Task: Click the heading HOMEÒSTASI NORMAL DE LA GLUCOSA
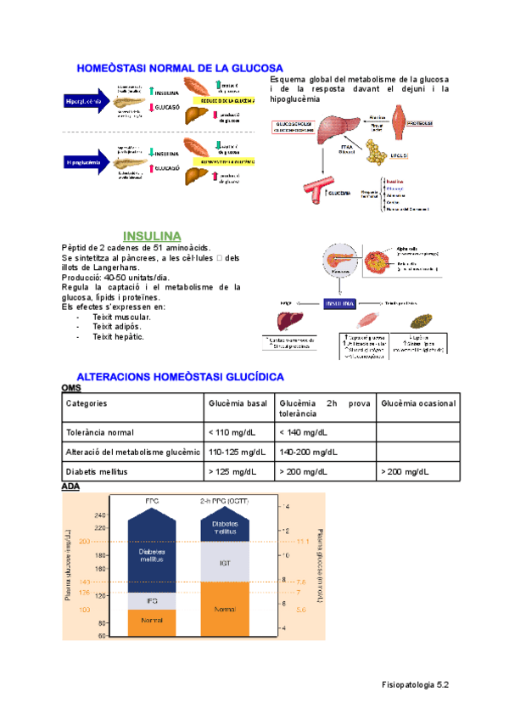(180, 68)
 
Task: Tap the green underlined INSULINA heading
(152, 234)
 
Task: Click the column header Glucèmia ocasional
(418, 403)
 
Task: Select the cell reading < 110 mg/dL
(232, 431)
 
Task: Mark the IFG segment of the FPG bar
(152, 600)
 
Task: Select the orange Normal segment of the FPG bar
(152, 622)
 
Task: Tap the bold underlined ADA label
(70, 487)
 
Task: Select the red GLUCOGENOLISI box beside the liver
(294, 127)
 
